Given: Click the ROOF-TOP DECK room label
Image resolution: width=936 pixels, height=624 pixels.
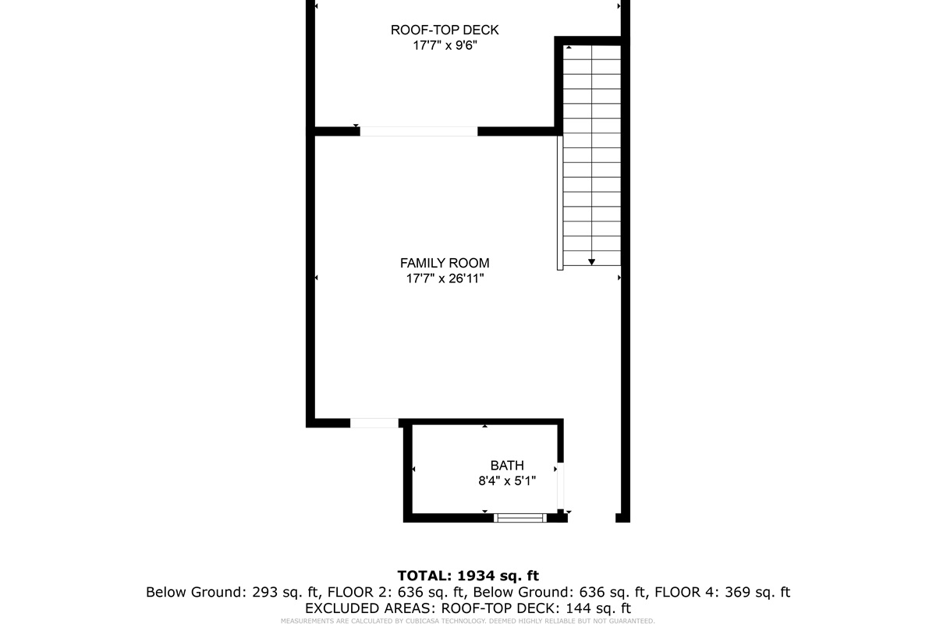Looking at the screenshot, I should tap(445, 30).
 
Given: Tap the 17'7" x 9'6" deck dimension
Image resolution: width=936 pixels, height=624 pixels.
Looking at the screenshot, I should tap(445, 46).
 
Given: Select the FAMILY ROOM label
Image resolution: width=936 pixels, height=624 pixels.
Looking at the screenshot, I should tap(445, 264).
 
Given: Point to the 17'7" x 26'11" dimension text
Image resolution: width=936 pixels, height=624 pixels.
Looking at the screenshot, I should tap(445, 278).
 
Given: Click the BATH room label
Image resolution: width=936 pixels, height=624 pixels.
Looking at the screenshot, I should tap(507, 466).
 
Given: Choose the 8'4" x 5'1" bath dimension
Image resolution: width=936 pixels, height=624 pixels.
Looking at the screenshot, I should tap(507, 481).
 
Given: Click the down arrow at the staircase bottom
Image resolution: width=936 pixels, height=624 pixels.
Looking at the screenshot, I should tap(592, 262).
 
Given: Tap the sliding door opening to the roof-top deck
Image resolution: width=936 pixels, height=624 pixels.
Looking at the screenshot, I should tap(418, 131).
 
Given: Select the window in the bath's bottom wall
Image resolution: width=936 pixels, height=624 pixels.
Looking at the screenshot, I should tap(521, 517).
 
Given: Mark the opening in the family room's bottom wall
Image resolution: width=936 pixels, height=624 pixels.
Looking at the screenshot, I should tap(374, 423).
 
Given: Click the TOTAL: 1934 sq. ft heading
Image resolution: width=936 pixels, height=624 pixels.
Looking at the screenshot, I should tap(468, 576).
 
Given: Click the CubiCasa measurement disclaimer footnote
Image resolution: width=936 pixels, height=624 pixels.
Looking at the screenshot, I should tap(468, 621).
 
